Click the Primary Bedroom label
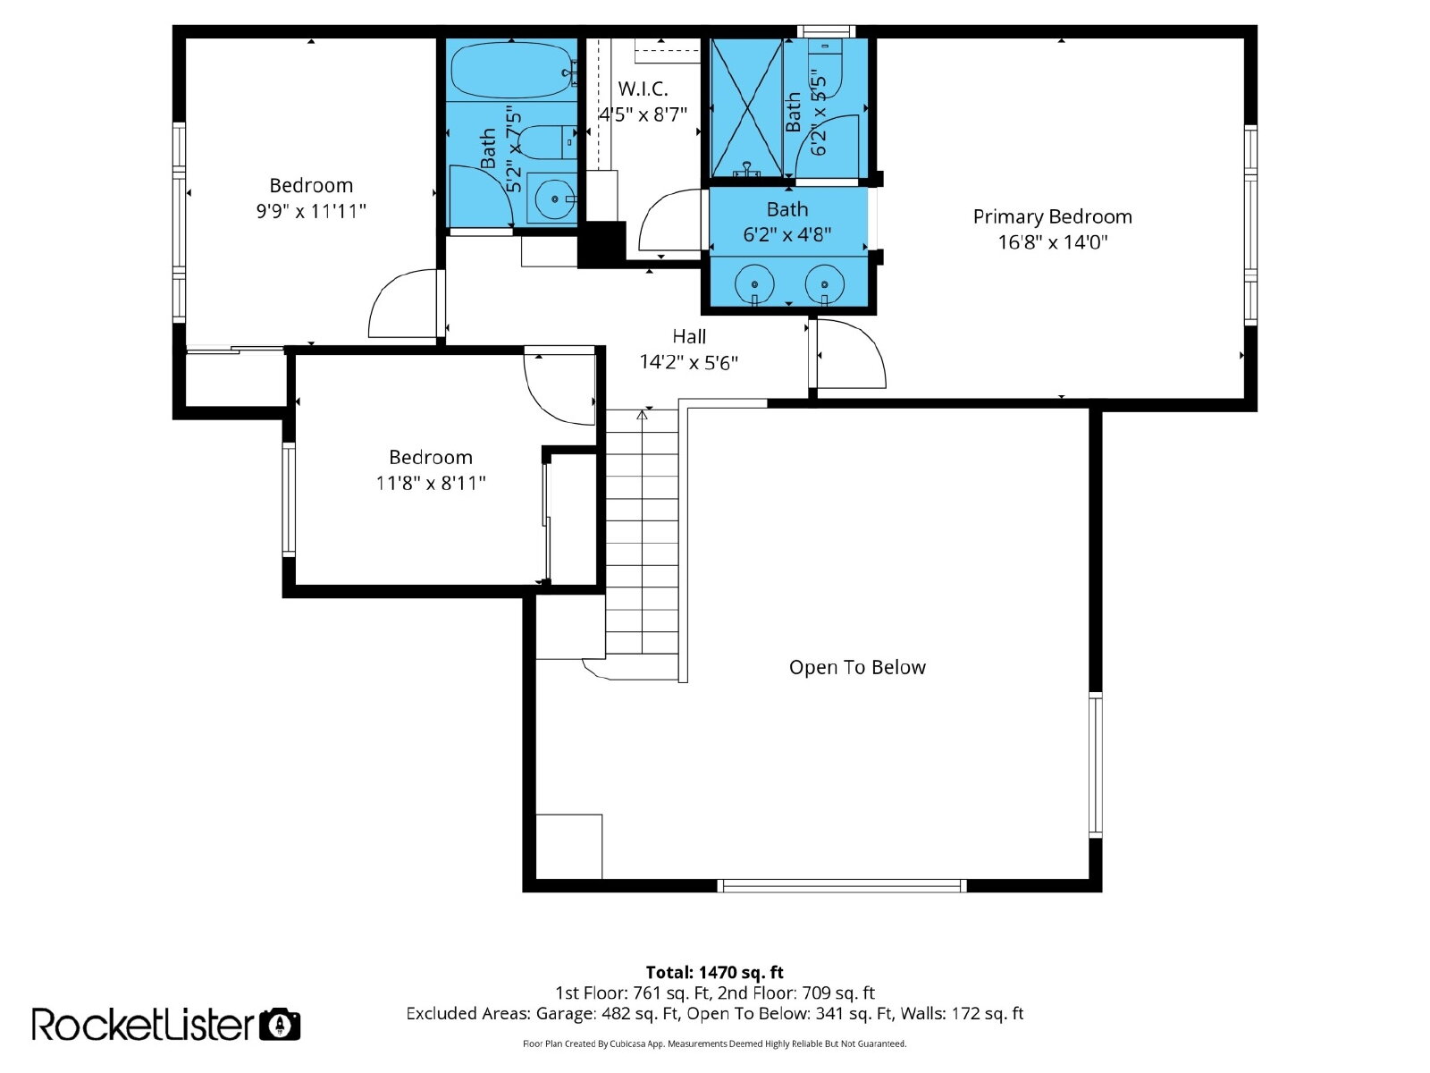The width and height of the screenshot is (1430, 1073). click(x=1052, y=217)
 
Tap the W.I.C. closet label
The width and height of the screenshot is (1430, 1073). click(x=643, y=89)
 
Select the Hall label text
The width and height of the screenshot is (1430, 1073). click(x=688, y=337)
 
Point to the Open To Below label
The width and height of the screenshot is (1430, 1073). click(x=857, y=667)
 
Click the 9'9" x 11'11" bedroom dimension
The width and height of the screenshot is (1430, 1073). click(x=311, y=211)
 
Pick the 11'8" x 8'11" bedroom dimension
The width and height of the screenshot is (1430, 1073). click(x=431, y=483)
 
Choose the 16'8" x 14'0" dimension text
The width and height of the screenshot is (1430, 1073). click(x=1052, y=242)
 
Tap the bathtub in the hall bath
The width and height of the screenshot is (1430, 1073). click(x=510, y=70)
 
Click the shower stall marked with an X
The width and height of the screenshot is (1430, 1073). click(x=746, y=107)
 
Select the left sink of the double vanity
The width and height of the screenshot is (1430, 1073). click(x=754, y=284)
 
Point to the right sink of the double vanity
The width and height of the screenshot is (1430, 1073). click(x=824, y=284)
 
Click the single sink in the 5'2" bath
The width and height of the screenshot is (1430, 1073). click(x=552, y=199)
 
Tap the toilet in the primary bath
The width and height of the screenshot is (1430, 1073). click(x=825, y=68)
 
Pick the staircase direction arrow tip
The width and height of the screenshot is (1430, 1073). click(x=643, y=410)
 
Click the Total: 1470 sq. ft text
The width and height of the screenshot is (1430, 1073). click(x=714, y=973)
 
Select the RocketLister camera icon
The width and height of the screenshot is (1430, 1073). click(x=280, y=1025)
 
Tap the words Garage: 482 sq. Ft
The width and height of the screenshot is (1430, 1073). click(x=607, y=1014)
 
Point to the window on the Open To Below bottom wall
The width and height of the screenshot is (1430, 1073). click(x=842, y=885)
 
